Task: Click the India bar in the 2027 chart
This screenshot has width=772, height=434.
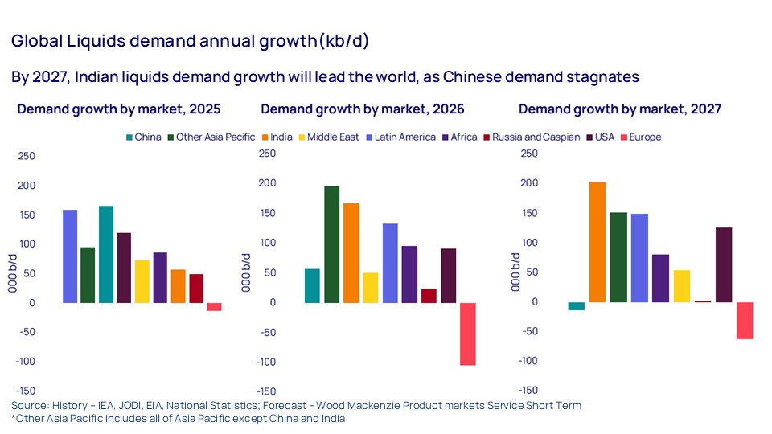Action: click(x=597, y=242)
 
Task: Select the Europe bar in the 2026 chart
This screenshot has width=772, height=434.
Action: click(x=467, y=334)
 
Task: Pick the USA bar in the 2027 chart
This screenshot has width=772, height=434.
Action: click(x=724, y=264)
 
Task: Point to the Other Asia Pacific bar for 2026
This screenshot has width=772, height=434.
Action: click(x=331, y=244)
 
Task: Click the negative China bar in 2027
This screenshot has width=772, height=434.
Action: click(x=576, y=306)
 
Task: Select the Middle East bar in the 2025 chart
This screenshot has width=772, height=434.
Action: click(x=142, y=281)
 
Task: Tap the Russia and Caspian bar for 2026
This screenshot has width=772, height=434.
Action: click(x=429, y=296)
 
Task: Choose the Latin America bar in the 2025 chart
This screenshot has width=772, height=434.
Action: click(x=70, y=256)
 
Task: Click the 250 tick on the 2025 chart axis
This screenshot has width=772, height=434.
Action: click(x=27, y=155)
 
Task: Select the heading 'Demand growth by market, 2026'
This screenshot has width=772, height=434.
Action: click(x=363, y=108)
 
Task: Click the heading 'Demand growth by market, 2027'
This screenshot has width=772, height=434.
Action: click(x=620, y=108)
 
